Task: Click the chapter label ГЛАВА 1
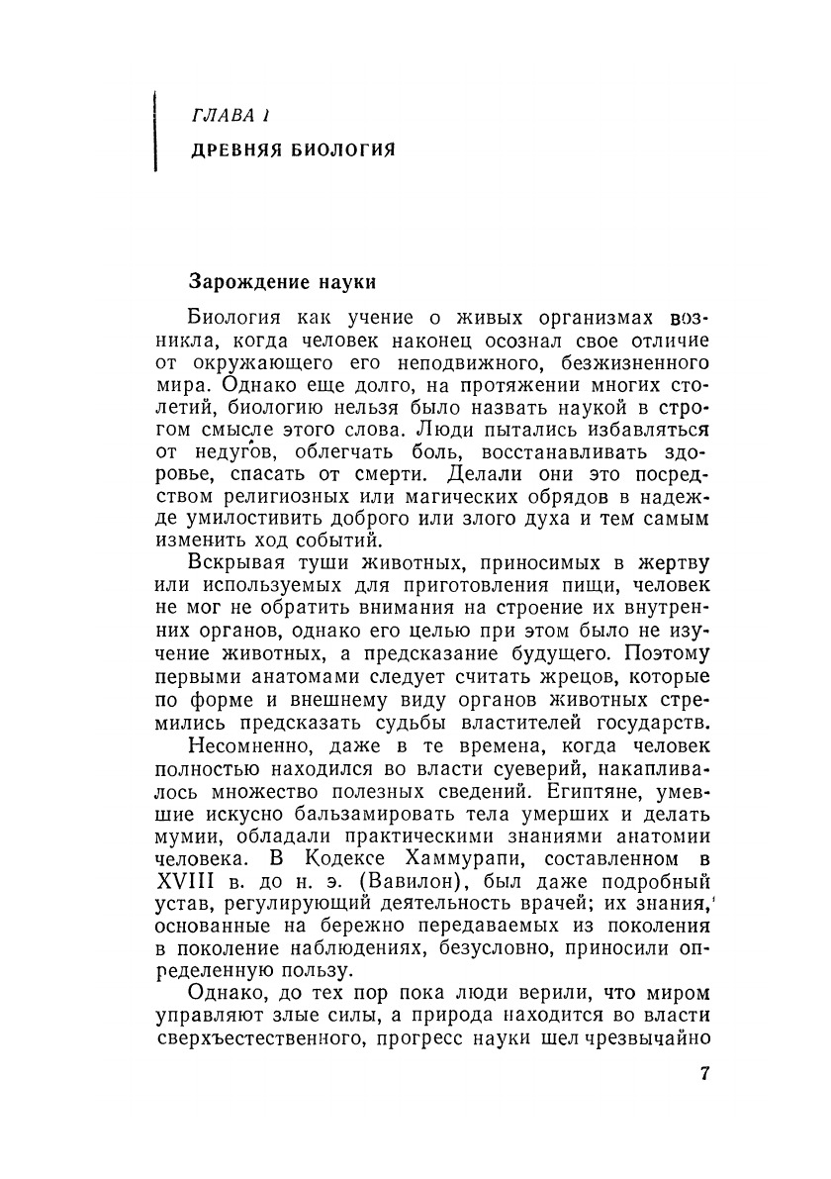231,117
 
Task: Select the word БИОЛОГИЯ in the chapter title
342,150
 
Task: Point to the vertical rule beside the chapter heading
155,131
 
